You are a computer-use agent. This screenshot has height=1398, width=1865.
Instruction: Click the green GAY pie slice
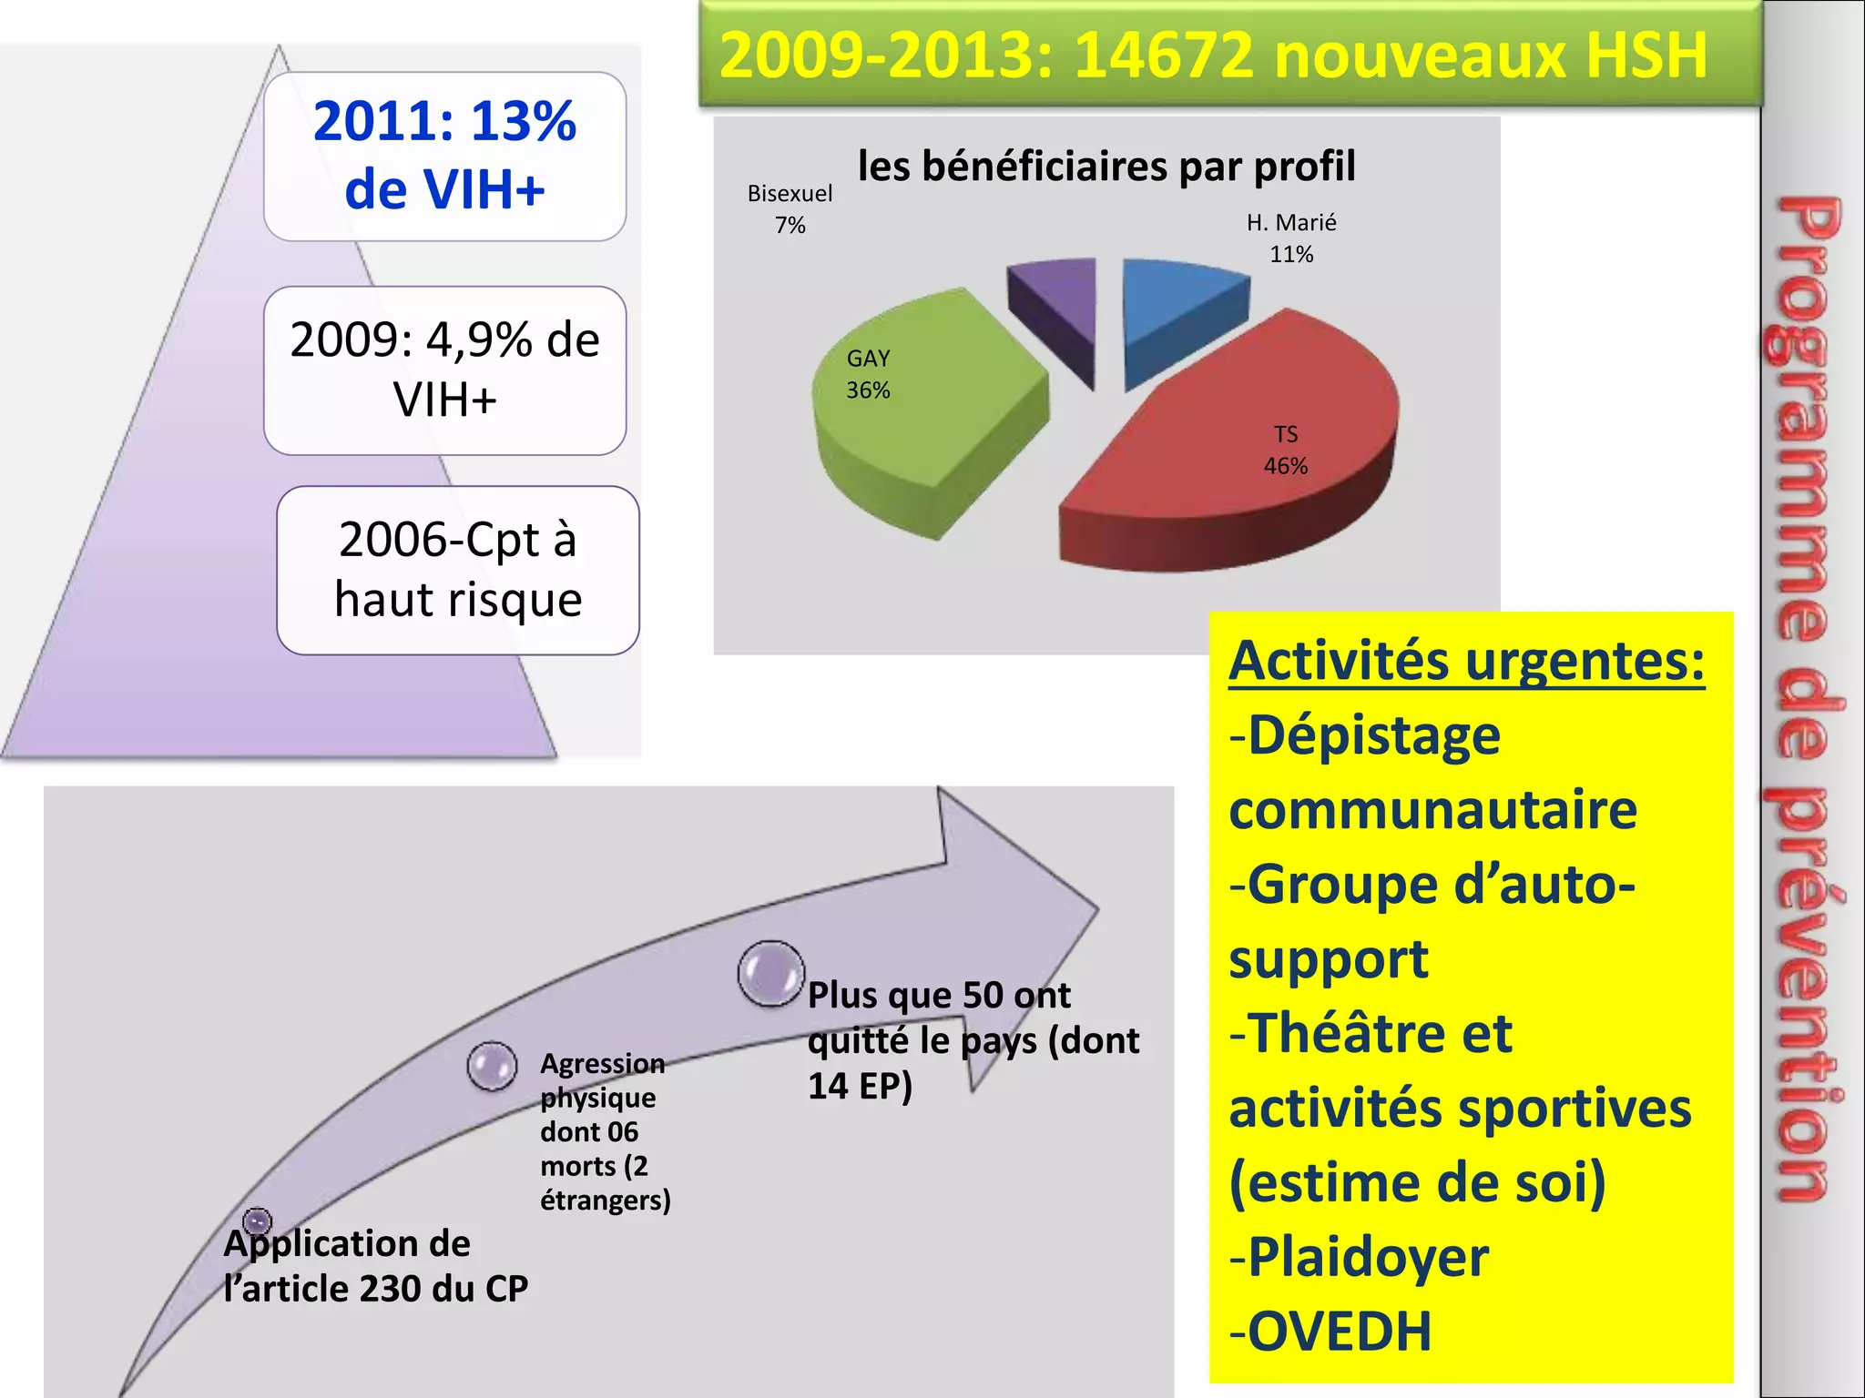point(920,410)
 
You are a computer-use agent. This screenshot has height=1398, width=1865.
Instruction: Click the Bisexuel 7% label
point(790,209)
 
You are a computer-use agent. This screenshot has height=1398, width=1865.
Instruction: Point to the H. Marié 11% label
point(1291,238)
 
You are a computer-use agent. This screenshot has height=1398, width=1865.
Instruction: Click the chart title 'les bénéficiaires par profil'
point(1106,167)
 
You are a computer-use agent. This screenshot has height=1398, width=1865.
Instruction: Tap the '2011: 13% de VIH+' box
point(444,156)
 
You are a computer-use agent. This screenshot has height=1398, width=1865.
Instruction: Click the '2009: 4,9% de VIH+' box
point(444,370)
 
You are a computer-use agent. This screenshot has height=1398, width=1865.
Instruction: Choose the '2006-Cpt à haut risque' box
point(457,570)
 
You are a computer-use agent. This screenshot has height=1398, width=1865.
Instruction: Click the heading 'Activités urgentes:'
point(1466,661)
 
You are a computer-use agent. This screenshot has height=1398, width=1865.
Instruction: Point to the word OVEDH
point(1340,1332)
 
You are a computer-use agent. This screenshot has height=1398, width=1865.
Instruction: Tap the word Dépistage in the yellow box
point(1373,735)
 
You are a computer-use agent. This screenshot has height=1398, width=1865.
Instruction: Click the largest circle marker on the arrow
point(771,973)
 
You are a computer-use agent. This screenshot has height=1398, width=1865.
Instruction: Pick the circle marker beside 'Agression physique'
point(492,1066)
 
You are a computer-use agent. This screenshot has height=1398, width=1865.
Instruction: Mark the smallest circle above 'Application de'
point(258,1221)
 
